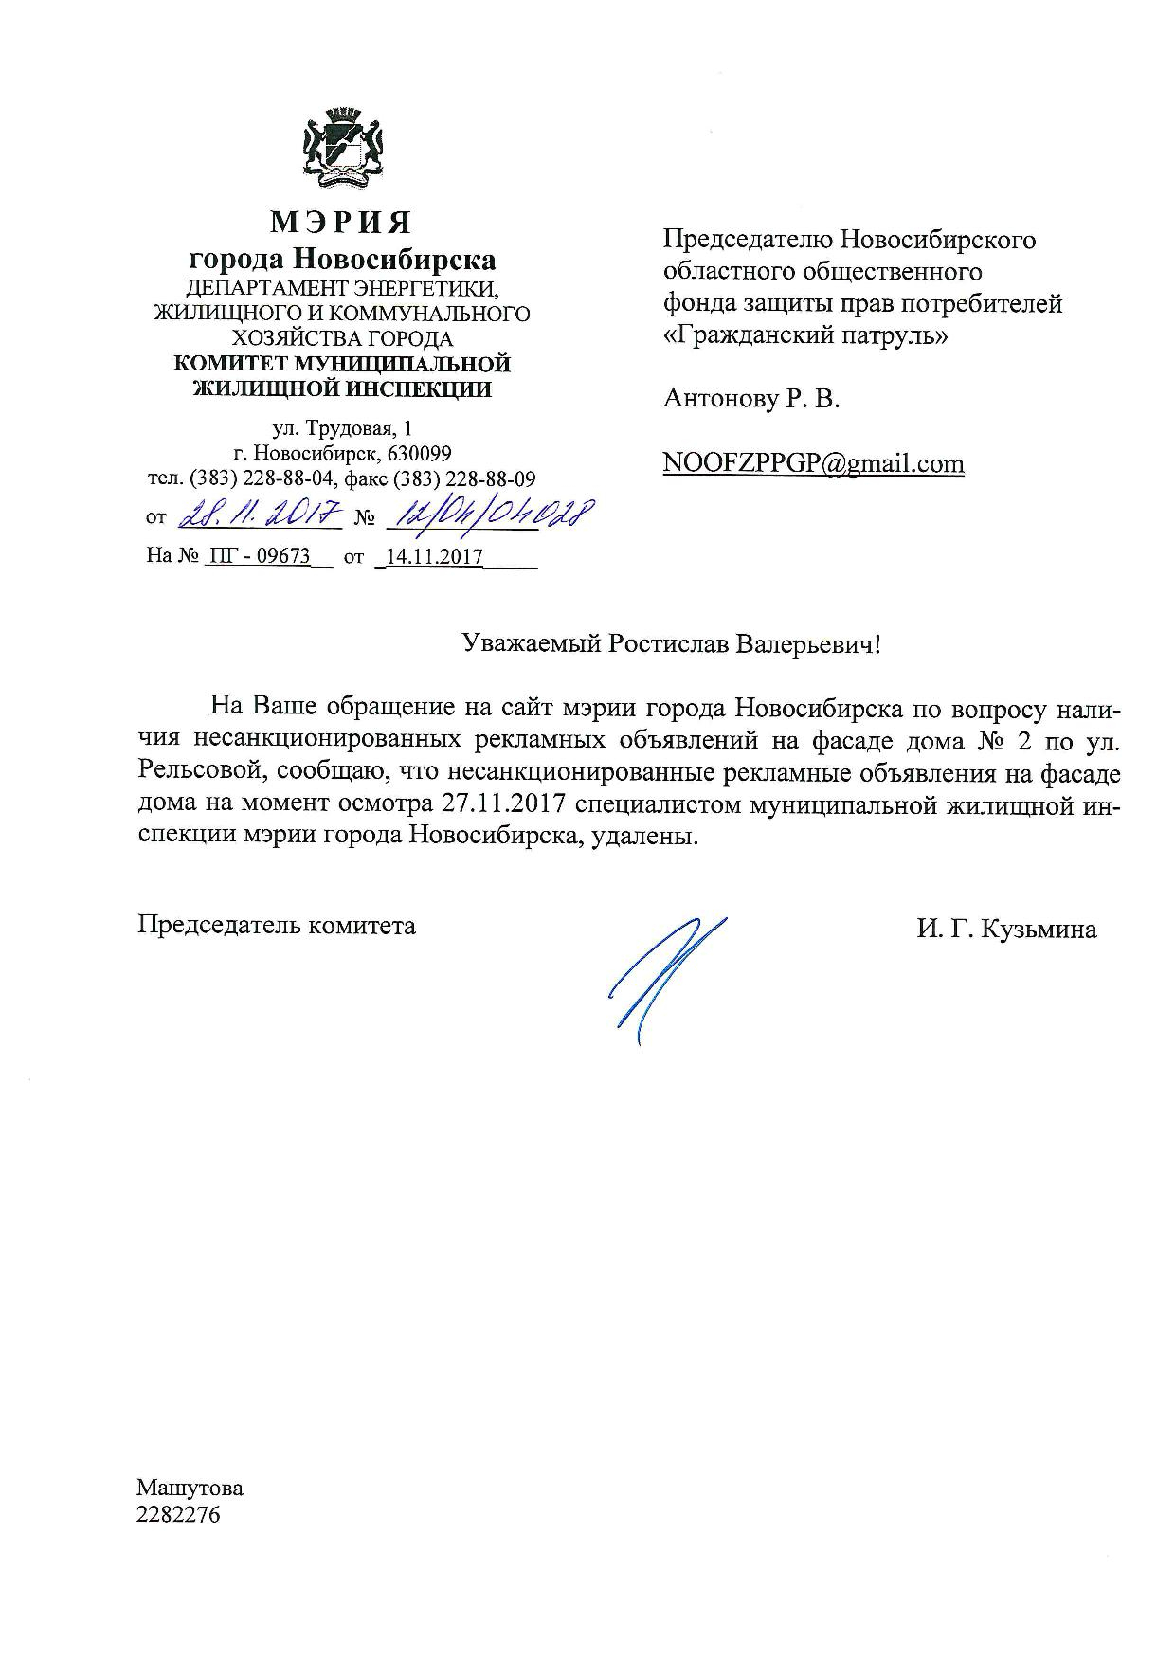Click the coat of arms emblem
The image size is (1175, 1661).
[x=342, y=146]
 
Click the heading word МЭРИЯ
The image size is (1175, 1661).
[x=342, y=223]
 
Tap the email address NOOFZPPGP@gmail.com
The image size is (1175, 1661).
[x=814, y=463]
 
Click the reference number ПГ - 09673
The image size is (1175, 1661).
[x=259, y=557]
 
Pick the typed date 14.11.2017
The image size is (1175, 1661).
[x=430, y=557]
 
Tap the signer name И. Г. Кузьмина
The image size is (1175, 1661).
[x=1006, y=930]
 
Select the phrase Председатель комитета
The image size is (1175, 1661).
[x=277, y=926]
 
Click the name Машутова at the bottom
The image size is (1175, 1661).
[x=190, y=1487]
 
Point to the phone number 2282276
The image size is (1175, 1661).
[x=178, y=1514]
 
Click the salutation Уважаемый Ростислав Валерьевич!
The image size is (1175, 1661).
[x=671, y=645]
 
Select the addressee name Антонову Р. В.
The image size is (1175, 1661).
[x=751, y=399]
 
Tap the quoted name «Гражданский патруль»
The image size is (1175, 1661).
[x=804, y=335]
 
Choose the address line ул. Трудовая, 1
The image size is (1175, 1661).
[x=342, y=429]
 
